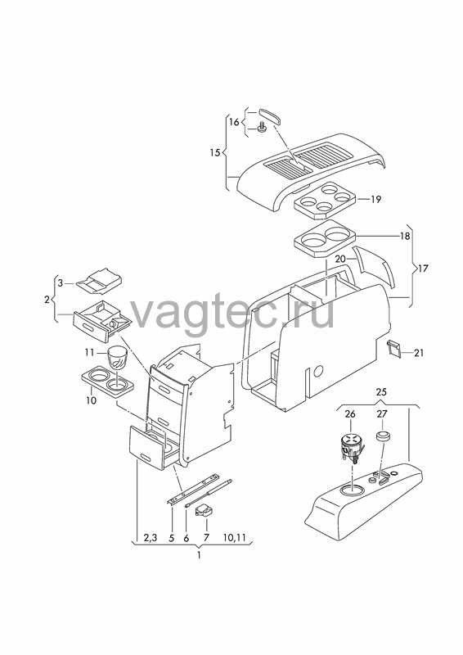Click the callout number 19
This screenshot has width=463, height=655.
(x=375, y=199)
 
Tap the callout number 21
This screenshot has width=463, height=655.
(x=419, y=353)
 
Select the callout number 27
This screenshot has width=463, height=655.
(x=382, y=413)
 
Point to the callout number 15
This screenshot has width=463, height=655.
(x=214, y=153)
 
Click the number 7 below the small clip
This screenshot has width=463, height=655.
(x=206, y=538)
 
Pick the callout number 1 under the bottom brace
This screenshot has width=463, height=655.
(x=199, y=556)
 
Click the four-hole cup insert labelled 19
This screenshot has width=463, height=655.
(x=325, y=200)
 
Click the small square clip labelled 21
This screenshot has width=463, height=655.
(x=394, y=349)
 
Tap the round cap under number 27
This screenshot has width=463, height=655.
(x=384, y=436)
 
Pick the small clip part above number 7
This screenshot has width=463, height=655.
(x=205, y=510)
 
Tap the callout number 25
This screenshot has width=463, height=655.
(x=381, y=392)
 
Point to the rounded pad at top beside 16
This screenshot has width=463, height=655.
(x=270, y=115)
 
